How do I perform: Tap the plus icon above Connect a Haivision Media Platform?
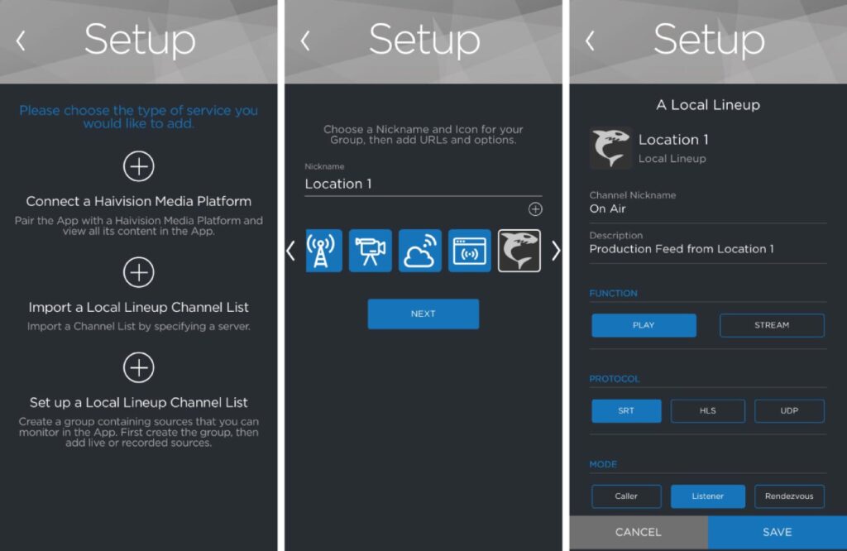click(139, 165)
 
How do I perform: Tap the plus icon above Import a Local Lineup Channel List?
click(139, 272)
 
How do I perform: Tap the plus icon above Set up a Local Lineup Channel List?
click(139, 367)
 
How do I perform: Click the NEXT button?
click(423, 314)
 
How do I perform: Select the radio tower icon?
click(323, 251)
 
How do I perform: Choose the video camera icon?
click(370, 251)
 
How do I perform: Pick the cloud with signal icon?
click(419, 251)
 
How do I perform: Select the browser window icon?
click(470, 251)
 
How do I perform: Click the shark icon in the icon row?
click(519, 251)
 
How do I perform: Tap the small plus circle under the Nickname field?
click(535, 209)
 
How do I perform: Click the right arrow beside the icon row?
click(556, 251)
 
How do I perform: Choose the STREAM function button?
click(772, 325)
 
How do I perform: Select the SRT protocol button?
click(626, 410)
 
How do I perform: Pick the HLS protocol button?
click(708, 410)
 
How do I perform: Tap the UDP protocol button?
click(789, 410)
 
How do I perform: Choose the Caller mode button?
click(626, 496)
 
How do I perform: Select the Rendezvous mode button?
click(789, 496)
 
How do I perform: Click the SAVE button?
click(778, 532)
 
